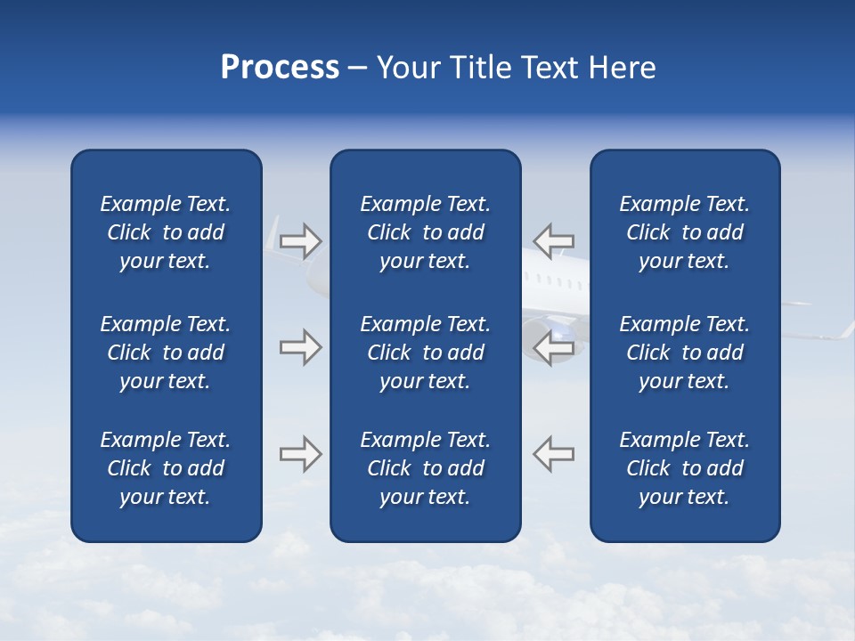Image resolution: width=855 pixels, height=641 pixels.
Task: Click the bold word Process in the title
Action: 280,68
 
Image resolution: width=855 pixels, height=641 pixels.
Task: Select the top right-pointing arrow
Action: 300,240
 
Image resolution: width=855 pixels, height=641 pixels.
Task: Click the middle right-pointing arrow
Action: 300,347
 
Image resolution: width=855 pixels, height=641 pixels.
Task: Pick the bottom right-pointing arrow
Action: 300,454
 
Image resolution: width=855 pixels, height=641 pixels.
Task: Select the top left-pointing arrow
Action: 554,240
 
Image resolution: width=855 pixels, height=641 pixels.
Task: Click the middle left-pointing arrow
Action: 554,347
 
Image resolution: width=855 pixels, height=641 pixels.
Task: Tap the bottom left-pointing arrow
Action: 554,454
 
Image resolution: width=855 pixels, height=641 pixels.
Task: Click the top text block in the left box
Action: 166,232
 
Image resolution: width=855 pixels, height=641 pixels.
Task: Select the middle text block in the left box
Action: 166,353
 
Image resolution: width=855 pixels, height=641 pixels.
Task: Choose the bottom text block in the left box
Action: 166,468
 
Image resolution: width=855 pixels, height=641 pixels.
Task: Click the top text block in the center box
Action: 425,232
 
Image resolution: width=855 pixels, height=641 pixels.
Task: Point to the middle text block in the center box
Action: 425,353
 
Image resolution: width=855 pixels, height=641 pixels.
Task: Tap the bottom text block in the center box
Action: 425,468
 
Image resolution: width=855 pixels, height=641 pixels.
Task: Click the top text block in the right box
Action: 685,232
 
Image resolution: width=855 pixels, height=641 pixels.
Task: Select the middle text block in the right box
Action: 685,353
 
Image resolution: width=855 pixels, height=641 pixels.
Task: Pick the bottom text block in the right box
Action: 685,468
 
